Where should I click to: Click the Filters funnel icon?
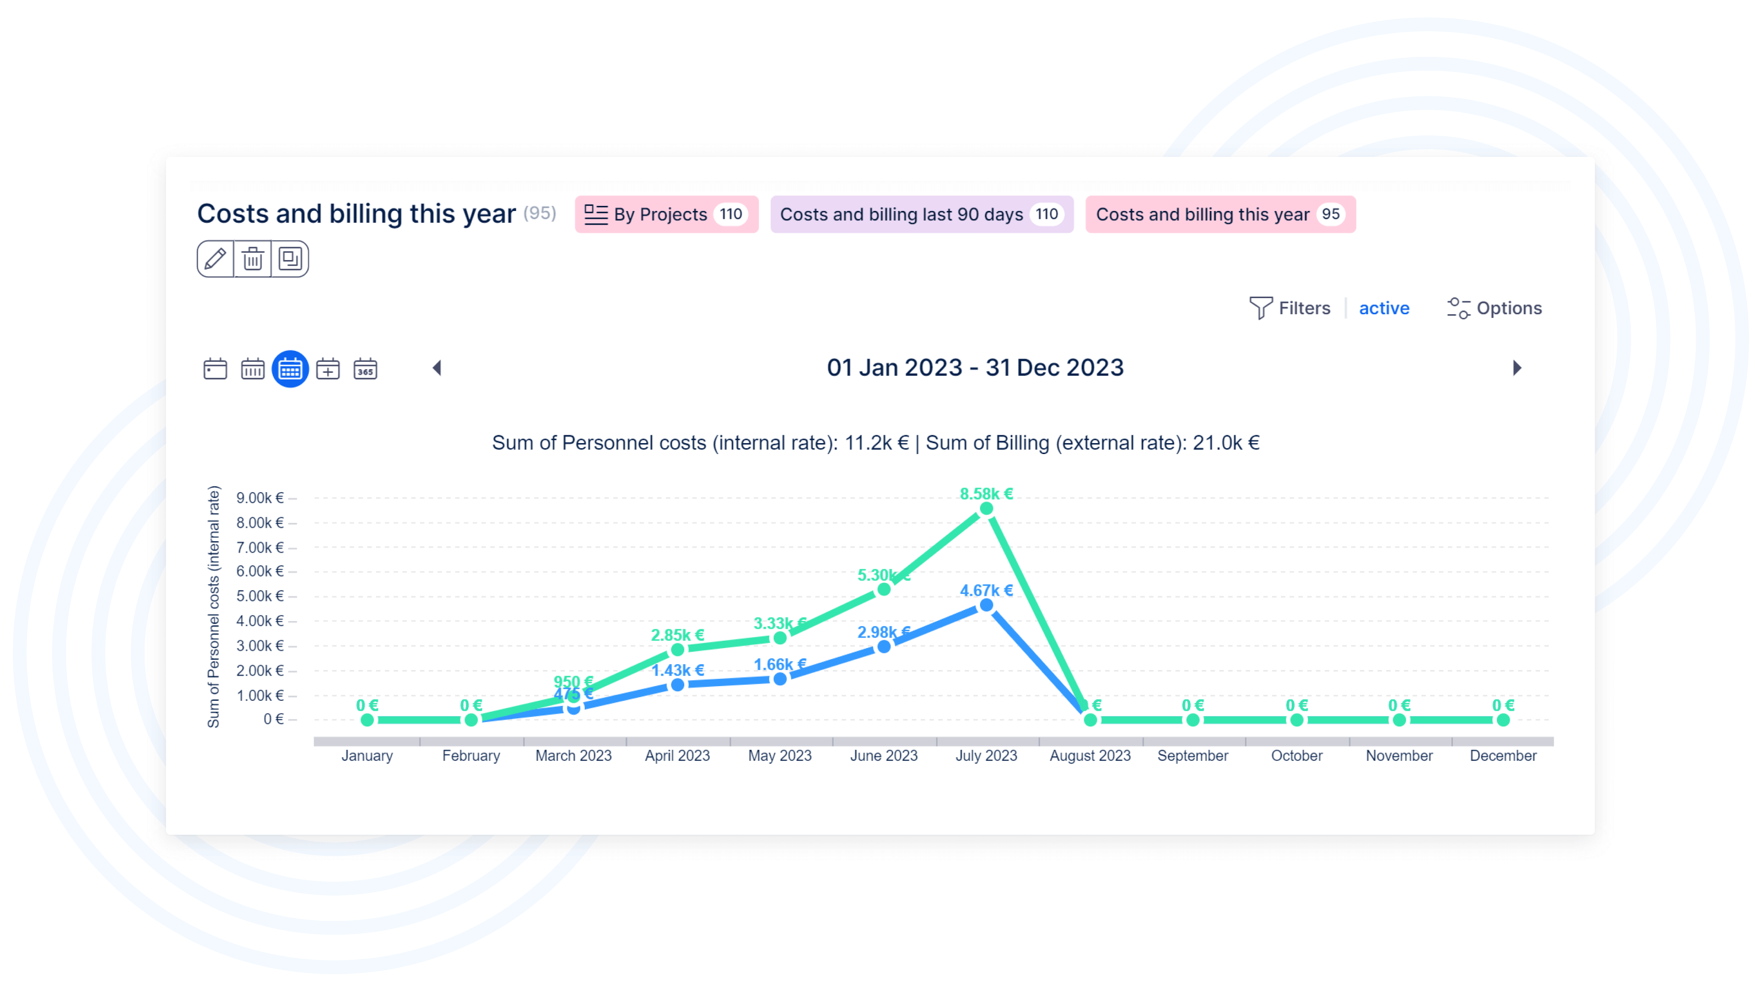coord(1260,308)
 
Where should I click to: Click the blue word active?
coord(1383,308)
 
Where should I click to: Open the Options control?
coord(1495,308)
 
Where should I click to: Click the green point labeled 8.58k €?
coord(986,509)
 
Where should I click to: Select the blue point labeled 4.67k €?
coord(986,605)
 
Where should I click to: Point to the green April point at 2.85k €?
coord(677,649)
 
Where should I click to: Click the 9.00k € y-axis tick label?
coord(260,498)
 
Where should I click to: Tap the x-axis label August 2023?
coord(1090,755)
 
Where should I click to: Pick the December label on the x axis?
coord(1503,755)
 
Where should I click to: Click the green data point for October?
coord(1296,720)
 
